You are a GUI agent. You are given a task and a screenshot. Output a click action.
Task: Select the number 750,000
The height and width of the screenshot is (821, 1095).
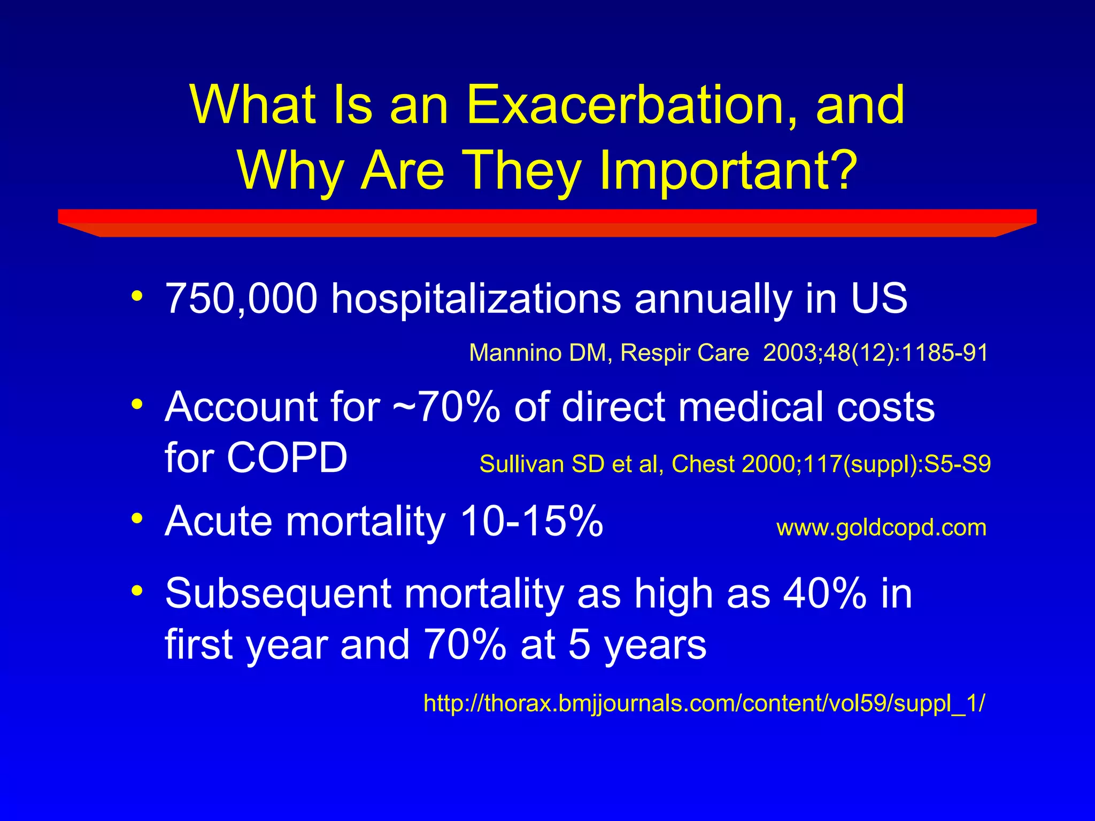pyautogui.click(x=241, y=298)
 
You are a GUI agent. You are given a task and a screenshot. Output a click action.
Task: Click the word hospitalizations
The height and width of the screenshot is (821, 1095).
pyautogui.click(x=476, y=299)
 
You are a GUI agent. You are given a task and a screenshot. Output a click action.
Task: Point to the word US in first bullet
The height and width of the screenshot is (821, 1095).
pyautogui.click(x=879, y=298)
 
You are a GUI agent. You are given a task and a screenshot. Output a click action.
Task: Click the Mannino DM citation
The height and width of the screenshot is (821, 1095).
pyautogui.click(x=728, y=353)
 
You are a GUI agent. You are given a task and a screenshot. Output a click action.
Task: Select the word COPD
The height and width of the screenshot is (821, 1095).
pyautogui.click(x=287, y=458)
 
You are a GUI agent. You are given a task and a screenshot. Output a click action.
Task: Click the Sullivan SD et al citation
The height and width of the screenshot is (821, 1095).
pyautogui.click(x=735, y=464)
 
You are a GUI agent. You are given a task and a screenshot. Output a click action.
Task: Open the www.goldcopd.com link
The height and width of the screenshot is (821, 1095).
pyautogui.click(x=881, y=528)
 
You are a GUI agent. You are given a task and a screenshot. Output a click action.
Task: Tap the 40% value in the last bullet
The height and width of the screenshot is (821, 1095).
pyautogui.click(x=824, y=594)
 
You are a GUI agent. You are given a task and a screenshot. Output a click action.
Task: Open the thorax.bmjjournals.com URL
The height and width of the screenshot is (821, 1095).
pyautogui.click(x=704, y=703)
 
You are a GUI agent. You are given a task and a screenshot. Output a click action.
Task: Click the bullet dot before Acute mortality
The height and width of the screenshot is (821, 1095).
pyautogui.click(x=137, y=518)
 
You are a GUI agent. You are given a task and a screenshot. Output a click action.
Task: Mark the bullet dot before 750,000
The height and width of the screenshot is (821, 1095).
pyautogui.click(x=137, y=296)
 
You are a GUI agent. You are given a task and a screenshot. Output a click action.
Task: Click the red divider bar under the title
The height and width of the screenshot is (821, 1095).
pyautogui.click(x=547, y=222)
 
